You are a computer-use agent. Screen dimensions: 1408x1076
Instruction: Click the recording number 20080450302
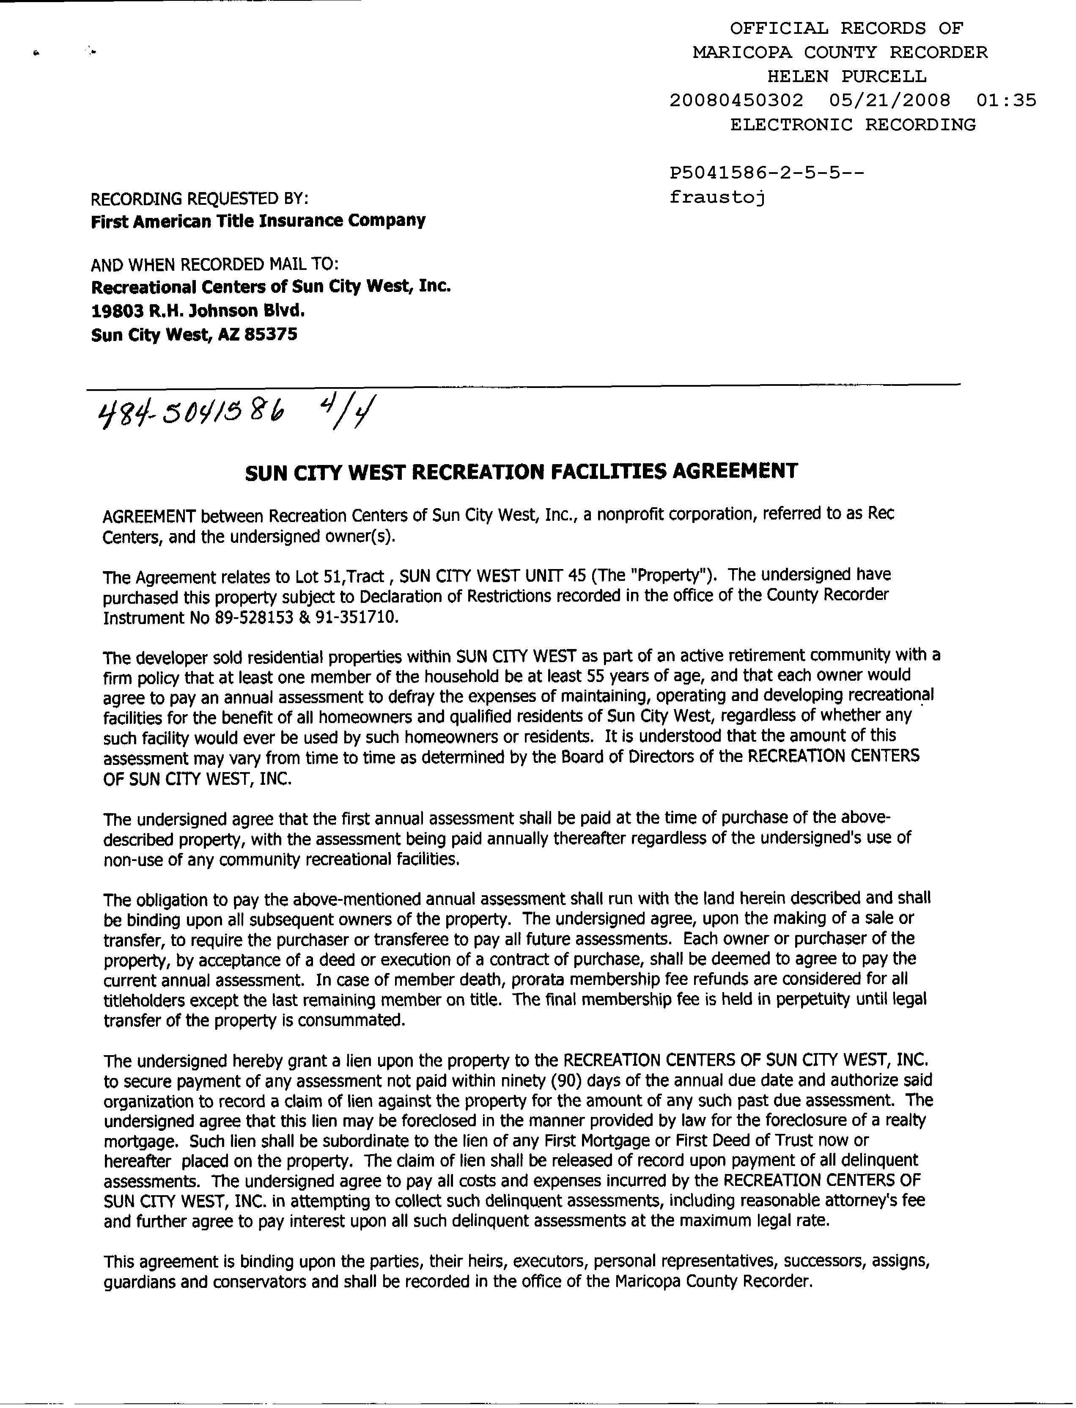736,101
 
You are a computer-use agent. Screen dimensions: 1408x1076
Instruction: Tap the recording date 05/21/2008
889,101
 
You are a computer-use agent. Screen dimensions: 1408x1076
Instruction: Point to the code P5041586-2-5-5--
767,173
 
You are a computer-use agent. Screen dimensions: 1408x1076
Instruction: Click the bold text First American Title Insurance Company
258,221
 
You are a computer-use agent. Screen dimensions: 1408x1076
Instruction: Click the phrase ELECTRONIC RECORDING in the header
853,125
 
